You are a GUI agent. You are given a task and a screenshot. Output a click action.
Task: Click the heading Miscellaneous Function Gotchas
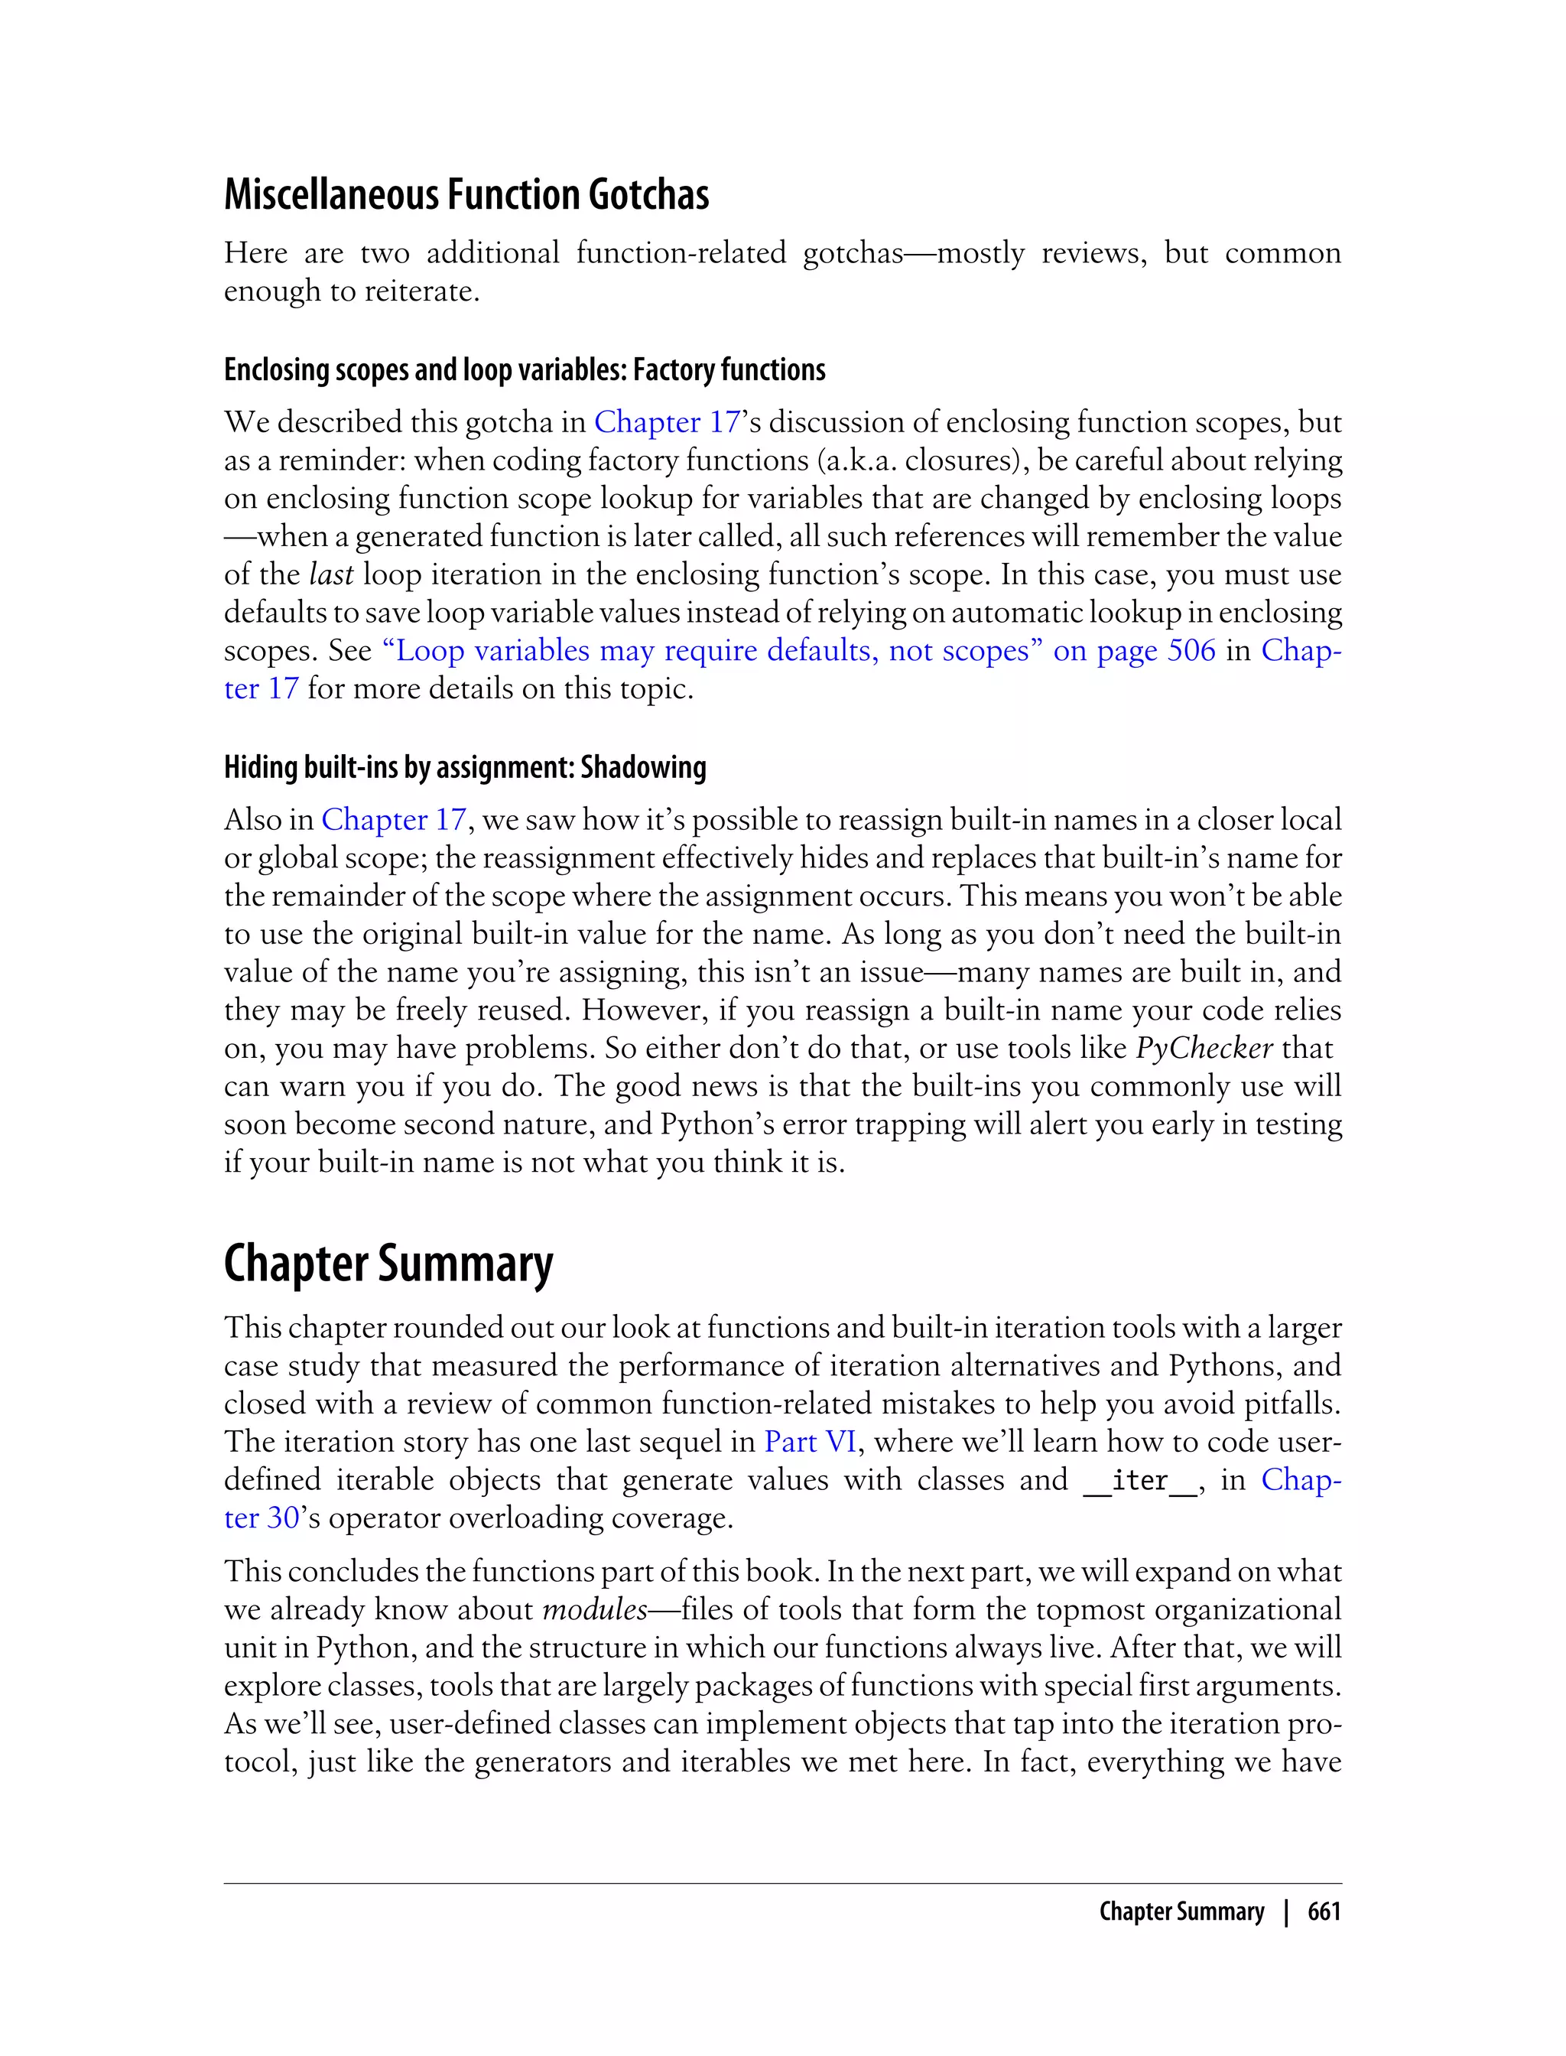(x=466, y=195)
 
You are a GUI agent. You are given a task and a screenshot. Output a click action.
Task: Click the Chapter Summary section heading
(x=388, y=1264)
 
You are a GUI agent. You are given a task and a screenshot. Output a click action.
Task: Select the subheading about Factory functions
(x=524, y=370)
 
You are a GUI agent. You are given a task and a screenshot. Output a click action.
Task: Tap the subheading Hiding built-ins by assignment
(x=464, y=767)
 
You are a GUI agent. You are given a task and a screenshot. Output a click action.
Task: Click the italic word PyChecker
(x=1204, y=1048)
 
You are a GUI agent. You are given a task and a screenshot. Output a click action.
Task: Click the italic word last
(x=331, y=574)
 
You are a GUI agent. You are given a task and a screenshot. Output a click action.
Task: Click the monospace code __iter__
(x=1139, y=1481)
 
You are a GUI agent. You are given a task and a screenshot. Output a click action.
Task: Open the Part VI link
(x=809, y=1442)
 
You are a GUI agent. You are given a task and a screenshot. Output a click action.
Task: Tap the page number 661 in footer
(x=1324, y=1911)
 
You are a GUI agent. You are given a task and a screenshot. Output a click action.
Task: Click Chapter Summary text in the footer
(x=1181, y=1911)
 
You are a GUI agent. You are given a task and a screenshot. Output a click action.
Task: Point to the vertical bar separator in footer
(x=1286, y=1911)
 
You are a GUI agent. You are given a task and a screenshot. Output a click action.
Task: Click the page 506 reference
(x=1135, y=651)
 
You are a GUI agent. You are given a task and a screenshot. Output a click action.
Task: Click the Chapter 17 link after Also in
(x=392, y=820)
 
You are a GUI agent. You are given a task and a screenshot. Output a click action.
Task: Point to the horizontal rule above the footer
(x=783, y=1883)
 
